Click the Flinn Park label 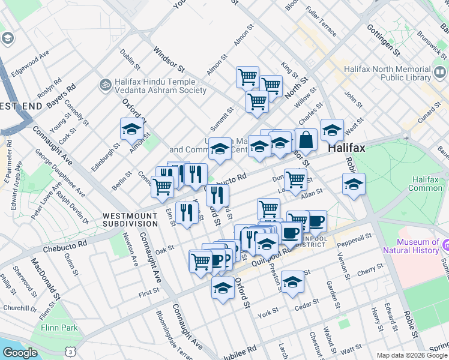59,328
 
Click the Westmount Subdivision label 130,219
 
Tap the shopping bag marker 306,140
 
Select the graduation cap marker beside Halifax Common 354,184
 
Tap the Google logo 20,352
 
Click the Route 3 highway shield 71,351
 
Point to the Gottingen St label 384,36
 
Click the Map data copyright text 412,355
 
